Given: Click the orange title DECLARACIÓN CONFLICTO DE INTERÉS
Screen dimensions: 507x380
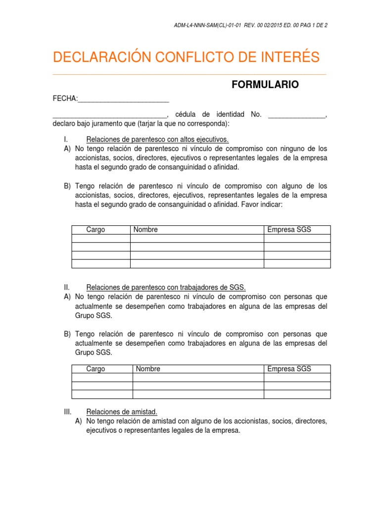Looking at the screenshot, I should point(186,58).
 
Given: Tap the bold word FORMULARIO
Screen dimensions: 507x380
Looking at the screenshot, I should point(265,85).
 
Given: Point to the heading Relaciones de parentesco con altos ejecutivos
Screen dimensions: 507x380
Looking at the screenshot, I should point(157,140).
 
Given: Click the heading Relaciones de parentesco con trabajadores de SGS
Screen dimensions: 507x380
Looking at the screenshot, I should point(166,288).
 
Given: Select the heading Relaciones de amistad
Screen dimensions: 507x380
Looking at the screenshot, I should point(122,411).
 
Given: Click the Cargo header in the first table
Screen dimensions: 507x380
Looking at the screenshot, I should point(95,230).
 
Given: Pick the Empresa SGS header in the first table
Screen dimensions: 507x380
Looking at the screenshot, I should point(289,230).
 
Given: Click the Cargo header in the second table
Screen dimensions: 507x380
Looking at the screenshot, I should point(95,369).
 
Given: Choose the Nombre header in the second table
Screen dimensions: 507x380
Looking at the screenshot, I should point(148,369).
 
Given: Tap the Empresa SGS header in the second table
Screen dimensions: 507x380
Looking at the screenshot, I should point(289,369).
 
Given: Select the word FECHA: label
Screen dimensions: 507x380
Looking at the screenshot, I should point(65,99).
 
